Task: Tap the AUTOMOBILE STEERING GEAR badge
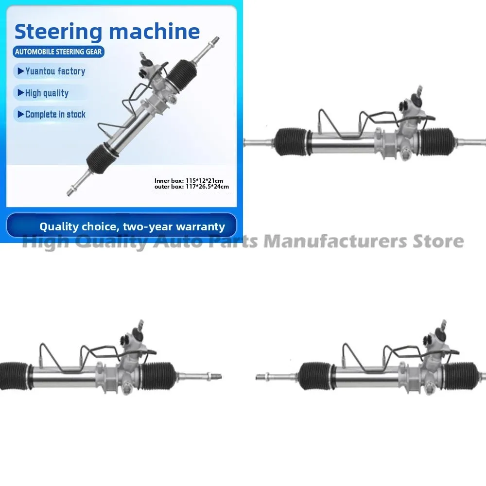pyautogui.click(x=59, y=52)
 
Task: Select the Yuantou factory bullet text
pyautogui.click(x=55, y=71)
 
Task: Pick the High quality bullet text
pyautogui.click(x=47, y=93)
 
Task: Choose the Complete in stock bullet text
pyautogui.click(x=55, y=115)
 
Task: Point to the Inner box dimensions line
pyautogui.click(x=189, y=181)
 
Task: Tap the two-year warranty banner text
pyautogui.click(x=132, y=226)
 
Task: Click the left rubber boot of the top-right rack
pyautogui.click(x=292, y=141)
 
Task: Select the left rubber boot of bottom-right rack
pyautogui.click(x=315, y=376)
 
